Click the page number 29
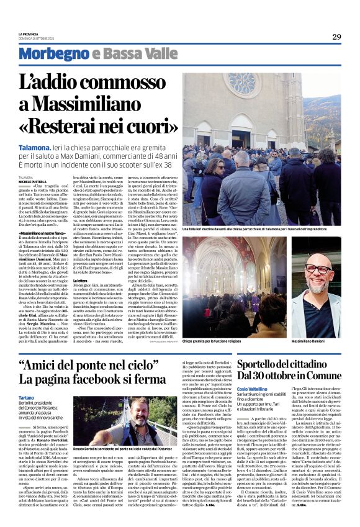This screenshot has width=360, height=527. point(336,37)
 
